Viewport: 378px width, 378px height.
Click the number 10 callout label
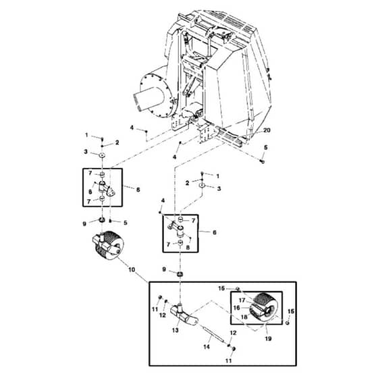132,269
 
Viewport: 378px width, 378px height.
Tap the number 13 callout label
175,330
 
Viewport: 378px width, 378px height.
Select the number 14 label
207,347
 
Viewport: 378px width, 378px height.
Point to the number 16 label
237,308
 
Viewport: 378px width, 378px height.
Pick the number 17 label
242,300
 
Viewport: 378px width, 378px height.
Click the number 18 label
244,317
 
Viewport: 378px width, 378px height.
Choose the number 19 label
268,338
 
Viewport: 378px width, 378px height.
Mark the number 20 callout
267,130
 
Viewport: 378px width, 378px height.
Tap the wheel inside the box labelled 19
263,307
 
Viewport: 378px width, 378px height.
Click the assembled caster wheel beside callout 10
108,245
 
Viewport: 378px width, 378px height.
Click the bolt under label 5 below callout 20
263,162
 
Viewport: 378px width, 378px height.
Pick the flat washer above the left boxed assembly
102,155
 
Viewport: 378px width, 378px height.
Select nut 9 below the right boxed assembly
180,274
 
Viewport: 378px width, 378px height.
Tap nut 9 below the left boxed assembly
102,219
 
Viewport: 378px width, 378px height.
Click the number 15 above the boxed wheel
221,288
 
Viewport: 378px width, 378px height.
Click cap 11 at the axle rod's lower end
233,349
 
